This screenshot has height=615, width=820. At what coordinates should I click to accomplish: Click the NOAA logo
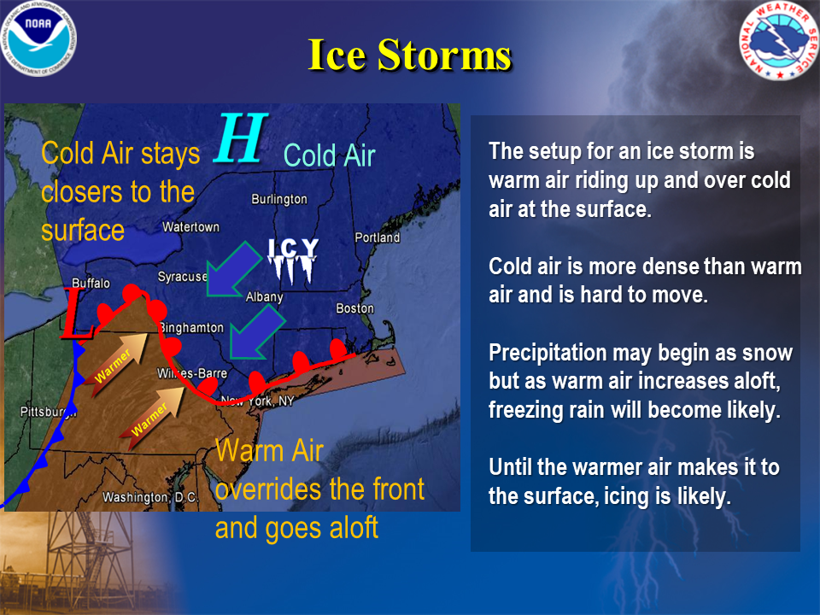(38, 38)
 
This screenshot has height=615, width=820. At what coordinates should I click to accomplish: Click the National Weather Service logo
(779, 41)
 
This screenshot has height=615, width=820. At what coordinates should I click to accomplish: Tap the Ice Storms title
(409, 55)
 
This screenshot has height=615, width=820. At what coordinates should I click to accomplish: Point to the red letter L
(76, 313)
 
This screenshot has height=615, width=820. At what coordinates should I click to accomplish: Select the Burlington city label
(279, 199)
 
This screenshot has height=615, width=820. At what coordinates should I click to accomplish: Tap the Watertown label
(190, 227)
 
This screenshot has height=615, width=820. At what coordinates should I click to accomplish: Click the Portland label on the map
(377, 237)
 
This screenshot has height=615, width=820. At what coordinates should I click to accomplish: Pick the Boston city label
(355, 308)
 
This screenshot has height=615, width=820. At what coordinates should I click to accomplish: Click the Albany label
(265, 297)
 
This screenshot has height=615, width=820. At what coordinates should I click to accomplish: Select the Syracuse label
(183, 276)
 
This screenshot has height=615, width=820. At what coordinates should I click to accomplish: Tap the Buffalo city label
(91, 283)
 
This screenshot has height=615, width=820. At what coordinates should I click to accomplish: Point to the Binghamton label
(192, 328)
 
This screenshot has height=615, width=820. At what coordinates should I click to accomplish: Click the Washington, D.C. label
(150, 497)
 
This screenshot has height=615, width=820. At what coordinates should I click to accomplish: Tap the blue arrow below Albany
(256, 333)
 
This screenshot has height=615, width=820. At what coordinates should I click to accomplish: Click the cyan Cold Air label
(330, 155)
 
